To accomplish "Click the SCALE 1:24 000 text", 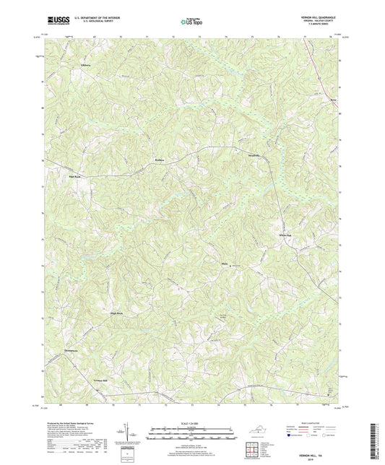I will [x=191, y=423].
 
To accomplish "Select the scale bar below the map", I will [x=191, y=435].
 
